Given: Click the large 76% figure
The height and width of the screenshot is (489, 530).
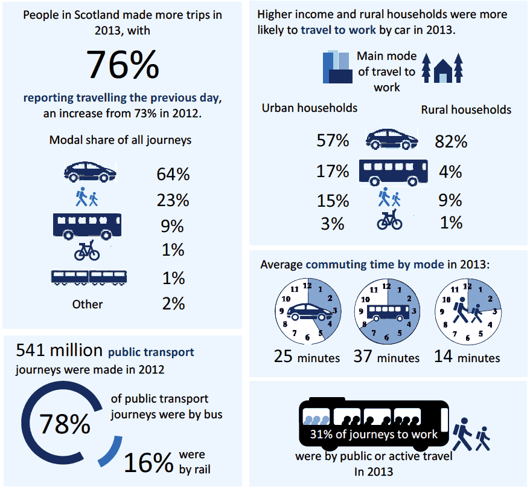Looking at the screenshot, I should click(x=123, y=64).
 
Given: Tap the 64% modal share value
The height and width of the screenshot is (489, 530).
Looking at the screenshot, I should click(x=173, y=174).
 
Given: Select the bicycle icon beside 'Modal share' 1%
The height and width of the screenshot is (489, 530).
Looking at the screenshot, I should click(x=87, y=250).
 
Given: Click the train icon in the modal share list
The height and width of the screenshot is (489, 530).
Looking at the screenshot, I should click(x=89, y=277).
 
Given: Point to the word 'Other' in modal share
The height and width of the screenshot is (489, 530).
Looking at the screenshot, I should click(x=88, y=304).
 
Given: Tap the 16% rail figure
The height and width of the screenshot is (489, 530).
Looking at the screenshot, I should click(x=148, y=462).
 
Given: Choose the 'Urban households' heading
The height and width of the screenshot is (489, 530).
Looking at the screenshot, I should click(x=309, y=108).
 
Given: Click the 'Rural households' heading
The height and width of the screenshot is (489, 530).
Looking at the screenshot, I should click(x=465, y=109).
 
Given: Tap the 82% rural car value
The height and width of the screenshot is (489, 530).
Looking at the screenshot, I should click(x=451, y=141).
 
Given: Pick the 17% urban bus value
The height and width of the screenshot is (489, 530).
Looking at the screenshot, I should click(x=333, y=171).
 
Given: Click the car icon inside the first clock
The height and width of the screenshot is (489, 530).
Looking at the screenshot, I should click(x=307, y=311).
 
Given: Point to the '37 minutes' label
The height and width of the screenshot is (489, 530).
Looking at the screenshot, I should click(x=386, y=357).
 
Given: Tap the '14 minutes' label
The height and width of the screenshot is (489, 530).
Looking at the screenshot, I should click(x=467, y=357).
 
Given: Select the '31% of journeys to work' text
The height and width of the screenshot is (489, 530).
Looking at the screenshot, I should click(x=374, y=434).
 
